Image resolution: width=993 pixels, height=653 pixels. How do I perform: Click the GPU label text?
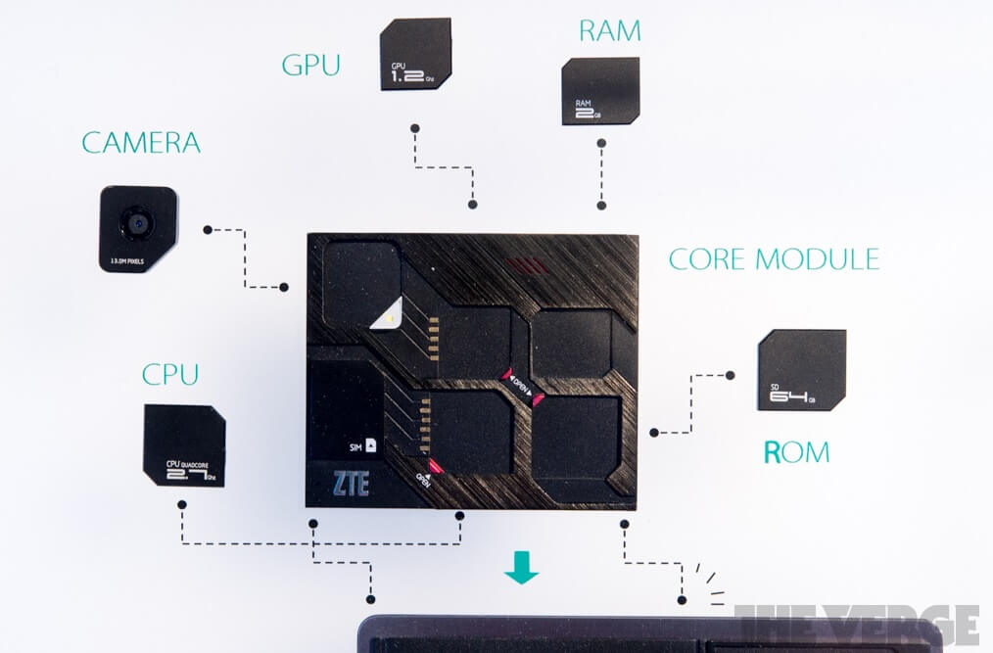[x=310, y=66]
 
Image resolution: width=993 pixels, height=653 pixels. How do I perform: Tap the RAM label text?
[x=609, y=31]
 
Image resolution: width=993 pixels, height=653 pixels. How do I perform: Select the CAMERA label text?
[x=141, y=143]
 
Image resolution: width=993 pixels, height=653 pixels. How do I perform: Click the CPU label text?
[x=170, y=374]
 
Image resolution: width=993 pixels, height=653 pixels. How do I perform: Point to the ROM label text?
[x=796, y=451]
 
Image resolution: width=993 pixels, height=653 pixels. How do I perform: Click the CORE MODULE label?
[x=774, y=259]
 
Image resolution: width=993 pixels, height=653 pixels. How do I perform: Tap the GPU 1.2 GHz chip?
[x=415, y=54]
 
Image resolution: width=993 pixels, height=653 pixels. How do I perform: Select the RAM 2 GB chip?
[x=600, y=91]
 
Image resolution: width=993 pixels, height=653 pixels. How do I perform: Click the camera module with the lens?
[x=138, y=229]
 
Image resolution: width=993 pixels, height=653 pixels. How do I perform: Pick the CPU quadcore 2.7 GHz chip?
[x=184, y=444]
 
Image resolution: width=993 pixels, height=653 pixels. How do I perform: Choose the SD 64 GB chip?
[x=802, y=370]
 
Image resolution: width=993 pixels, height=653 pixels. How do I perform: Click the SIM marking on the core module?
[x=363, y=445]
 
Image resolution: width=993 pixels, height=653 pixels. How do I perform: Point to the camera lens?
[x=134, y=223]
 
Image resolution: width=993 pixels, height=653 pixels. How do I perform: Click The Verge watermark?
[x=856, y=624]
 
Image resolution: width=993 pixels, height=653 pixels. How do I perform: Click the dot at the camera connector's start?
[x=208, y=229]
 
